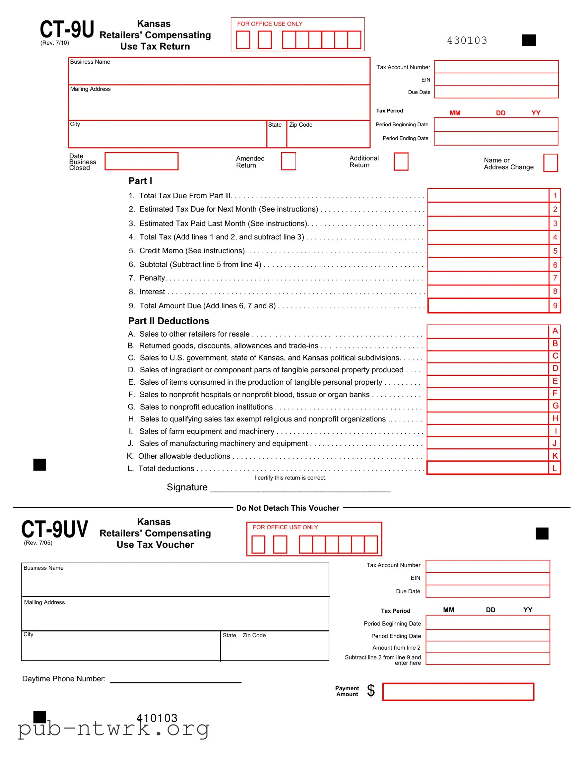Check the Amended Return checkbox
click(x=288, y=161)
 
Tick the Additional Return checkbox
click(x=401, y=162)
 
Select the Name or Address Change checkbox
click(x=550, y=163)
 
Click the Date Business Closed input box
click(x=141, y=161)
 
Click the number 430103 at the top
click(x=467, y=40)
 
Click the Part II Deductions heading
click(x=168, y=321)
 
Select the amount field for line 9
click(x=488, y=306)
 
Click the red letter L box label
click(x=555, y=468)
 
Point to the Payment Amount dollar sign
click(x=371, y=691)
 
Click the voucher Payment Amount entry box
click(x=458, y=692)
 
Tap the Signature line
click(x=300, y=488)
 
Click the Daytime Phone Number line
click(x=175, y=680)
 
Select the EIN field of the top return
click(x=496, y=80)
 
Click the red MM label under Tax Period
click(x=455, y=113)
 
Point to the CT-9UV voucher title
click(x=55, y=529)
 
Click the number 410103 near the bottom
click(x=157, y=718)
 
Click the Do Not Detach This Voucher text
click(x=287, y=508)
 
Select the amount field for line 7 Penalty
click(x=488, y=278)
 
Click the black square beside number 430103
click(x=529, y=40)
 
